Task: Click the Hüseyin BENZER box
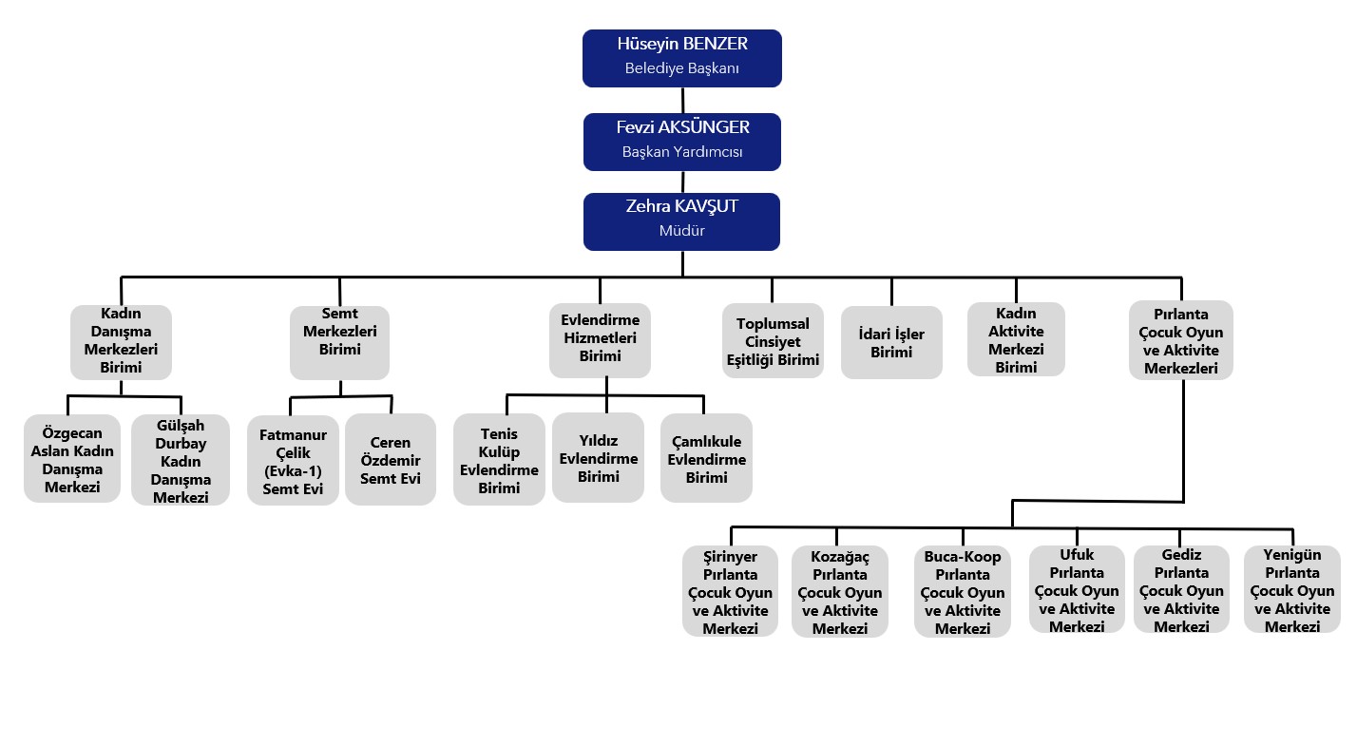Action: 682,58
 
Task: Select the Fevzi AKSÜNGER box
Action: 682,142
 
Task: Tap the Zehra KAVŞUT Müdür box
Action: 681,221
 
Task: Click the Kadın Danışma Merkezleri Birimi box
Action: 122,342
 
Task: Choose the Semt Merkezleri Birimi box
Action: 339,342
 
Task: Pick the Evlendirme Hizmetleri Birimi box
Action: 600,340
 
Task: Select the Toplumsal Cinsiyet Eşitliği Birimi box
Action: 773,340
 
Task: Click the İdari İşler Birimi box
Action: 891,342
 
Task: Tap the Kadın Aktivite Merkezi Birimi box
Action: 1016,339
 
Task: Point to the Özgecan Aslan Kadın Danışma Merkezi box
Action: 72,459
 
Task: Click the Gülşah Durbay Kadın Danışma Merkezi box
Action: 181,460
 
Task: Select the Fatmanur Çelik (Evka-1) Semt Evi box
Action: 293,461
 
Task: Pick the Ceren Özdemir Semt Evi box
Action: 391,459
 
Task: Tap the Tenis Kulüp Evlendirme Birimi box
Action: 499,459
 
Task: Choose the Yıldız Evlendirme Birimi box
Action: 598,457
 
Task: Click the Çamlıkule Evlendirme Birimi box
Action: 706,458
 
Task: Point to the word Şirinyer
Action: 730,556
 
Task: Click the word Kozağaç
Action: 840,556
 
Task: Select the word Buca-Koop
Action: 962,556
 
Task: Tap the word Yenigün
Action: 1291,554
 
